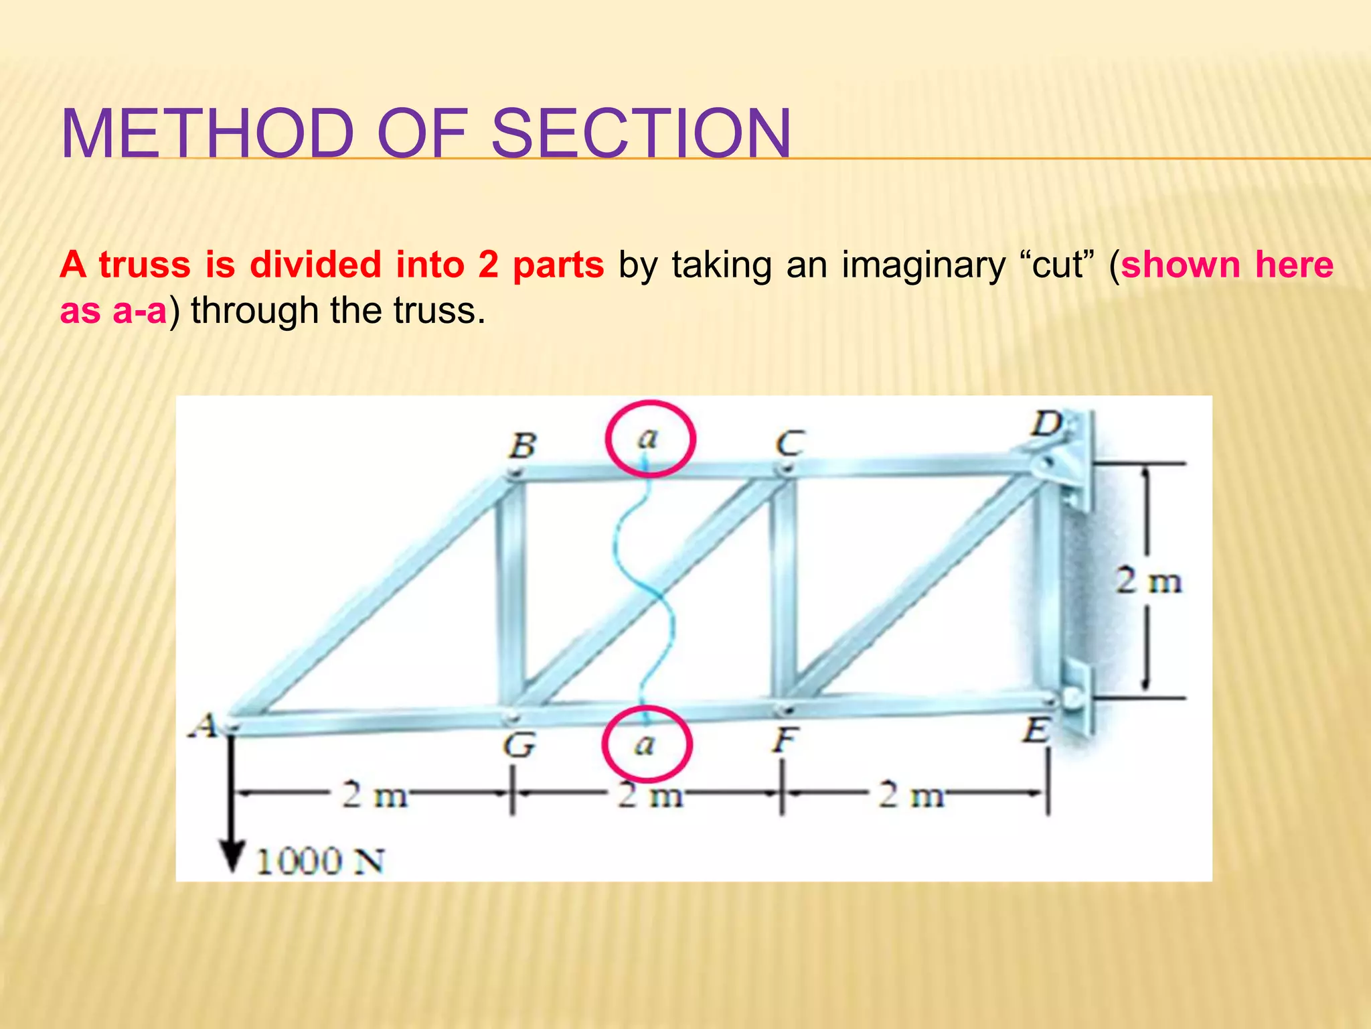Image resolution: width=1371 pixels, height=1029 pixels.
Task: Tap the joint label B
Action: point(523,445)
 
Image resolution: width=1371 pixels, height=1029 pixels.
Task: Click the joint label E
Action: point(1036,730)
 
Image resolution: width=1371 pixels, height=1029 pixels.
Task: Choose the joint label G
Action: point(519,744)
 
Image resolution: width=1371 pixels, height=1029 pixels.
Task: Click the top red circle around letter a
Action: point(650,439)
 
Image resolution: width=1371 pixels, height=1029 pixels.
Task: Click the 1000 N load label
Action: point(320,862)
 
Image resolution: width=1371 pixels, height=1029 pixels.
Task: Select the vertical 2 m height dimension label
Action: point(1148,581)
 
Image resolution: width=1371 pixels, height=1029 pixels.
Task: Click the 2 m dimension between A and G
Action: point(374,795)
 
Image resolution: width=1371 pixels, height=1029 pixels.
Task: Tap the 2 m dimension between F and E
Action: point(911,795)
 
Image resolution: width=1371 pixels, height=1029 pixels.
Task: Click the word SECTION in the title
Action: point(641,133)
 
